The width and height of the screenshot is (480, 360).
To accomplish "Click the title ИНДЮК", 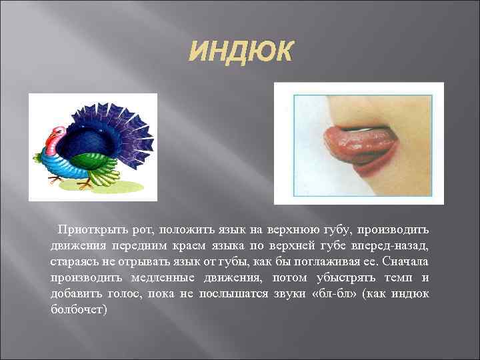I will point(239,51).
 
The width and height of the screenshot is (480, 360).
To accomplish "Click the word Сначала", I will point(406,262).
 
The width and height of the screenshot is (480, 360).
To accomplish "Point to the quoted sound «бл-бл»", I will point(337,294).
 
